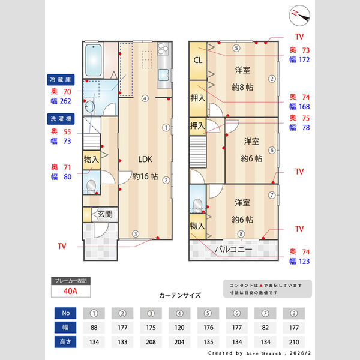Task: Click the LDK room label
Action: [x=146, y=160]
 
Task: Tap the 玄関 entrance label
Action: [x=105, y=214]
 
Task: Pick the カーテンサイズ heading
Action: [x=179, y=295]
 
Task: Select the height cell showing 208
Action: [x=151, y=341]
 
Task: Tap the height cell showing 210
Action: [x=293, y=341]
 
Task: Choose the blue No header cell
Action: [x=65, y=313]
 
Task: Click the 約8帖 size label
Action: [x=242, y=87]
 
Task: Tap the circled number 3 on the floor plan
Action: [x=136, y=234]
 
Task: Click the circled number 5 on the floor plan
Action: [x=236, y=48]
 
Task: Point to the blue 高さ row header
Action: [x=65, y=341]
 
